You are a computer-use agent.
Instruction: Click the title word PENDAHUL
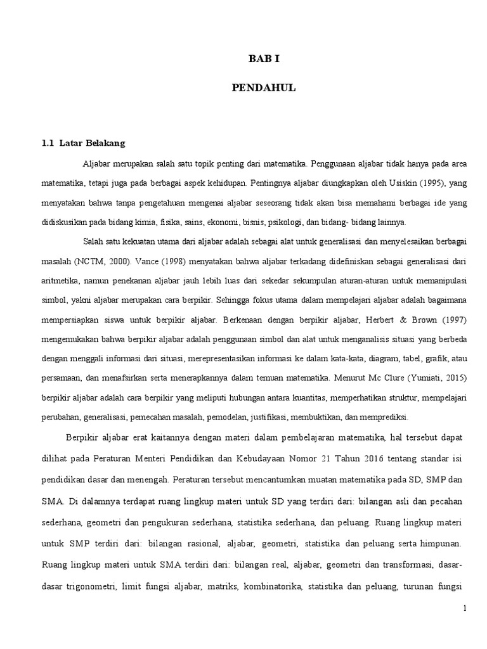click(x=263, y=88)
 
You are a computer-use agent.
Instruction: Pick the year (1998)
click(x=193, y=260)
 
